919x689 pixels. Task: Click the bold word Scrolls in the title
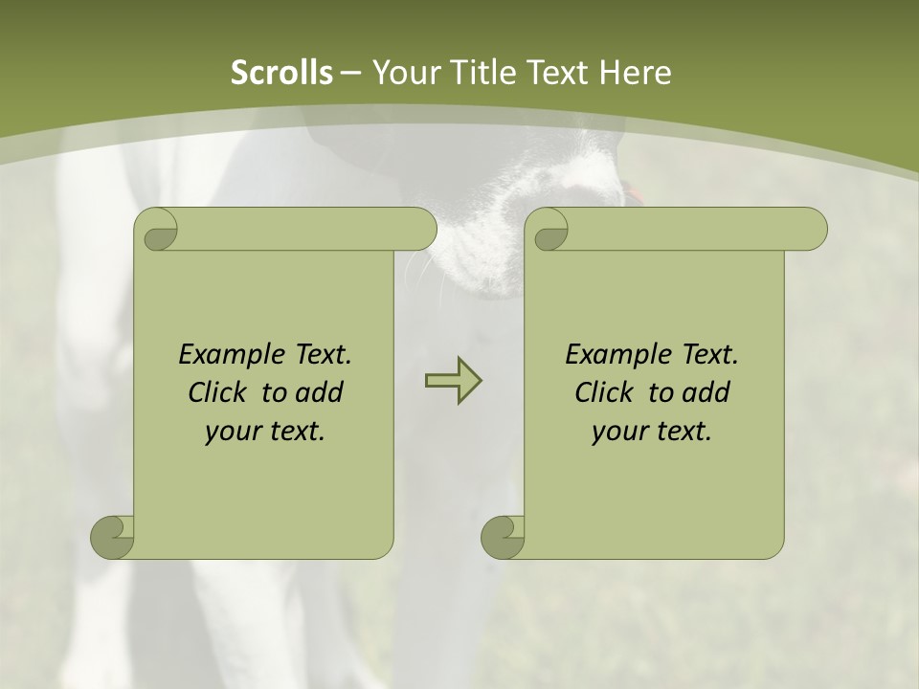coord(282,73)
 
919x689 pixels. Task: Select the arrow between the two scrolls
coord(453,380)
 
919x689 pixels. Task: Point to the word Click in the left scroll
coord(220,392)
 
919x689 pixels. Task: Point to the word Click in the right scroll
coord(607,392)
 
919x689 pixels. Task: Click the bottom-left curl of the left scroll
coord(113,537)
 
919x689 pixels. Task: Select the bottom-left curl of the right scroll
coord(504,537)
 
